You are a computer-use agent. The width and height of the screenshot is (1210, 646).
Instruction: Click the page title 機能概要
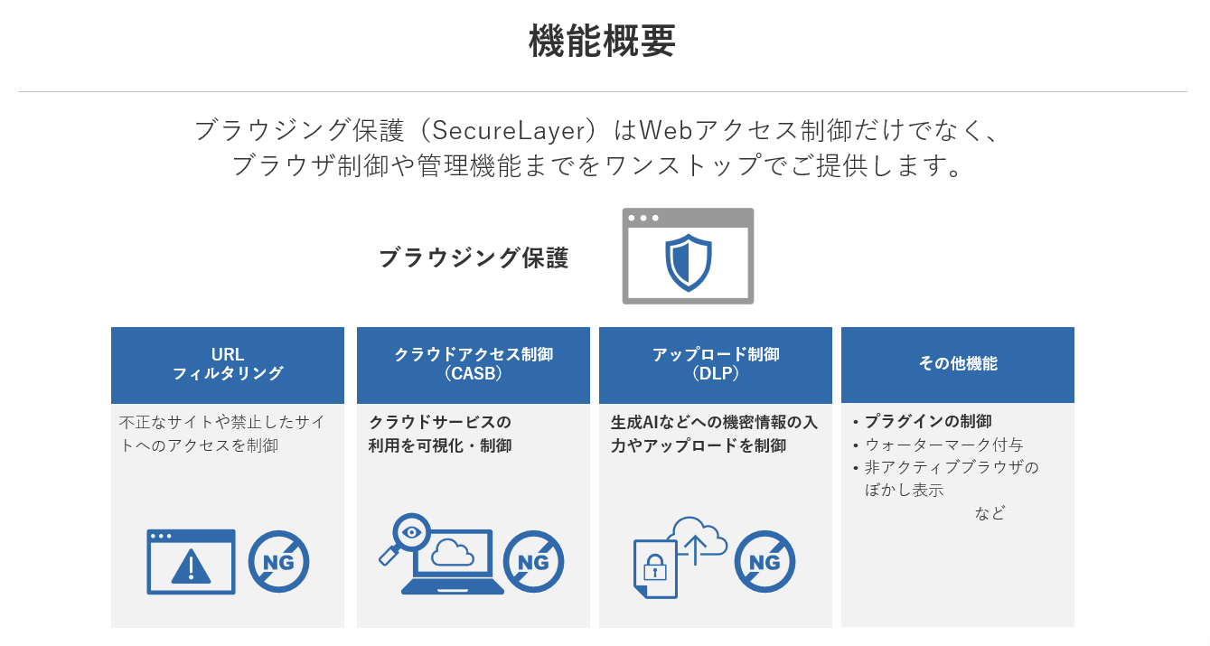pos(603,41)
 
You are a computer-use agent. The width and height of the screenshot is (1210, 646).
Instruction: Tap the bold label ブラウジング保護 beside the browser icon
pos(474,257)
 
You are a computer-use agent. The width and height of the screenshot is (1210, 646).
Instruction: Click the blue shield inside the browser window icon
pos(689,263)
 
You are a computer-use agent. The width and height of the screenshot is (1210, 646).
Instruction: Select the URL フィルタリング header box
pos(228,365)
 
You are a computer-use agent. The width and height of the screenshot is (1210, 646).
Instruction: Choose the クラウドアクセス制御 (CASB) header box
pos(474,365)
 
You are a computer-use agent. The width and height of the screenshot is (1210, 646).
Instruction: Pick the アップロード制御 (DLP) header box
pos(715,365)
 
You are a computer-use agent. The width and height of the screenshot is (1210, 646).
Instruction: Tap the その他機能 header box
pos(957,365)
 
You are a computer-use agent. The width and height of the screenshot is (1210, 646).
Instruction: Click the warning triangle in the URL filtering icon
pos(191,567)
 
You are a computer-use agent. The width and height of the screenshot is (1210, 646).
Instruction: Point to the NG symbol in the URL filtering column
pos(278,562)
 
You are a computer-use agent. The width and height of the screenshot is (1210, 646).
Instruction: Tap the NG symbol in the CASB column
pos(534,562)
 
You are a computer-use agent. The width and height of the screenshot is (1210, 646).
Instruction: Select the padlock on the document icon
pos(654,567)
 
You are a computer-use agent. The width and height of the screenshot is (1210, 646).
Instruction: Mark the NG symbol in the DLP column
pos(764,562)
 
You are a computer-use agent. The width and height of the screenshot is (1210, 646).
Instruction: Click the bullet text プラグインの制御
pos(928,421)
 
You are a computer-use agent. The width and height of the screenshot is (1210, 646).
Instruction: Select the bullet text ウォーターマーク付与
pos(943,445)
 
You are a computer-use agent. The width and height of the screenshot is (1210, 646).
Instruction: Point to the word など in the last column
pos(990,513)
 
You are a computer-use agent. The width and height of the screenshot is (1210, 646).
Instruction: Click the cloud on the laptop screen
pos(453,553)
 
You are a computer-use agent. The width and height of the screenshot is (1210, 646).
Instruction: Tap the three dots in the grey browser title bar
pos(643,219)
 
